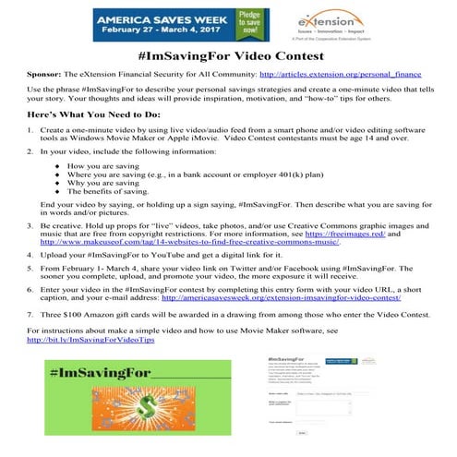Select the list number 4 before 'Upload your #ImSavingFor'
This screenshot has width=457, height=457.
point(31,281)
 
